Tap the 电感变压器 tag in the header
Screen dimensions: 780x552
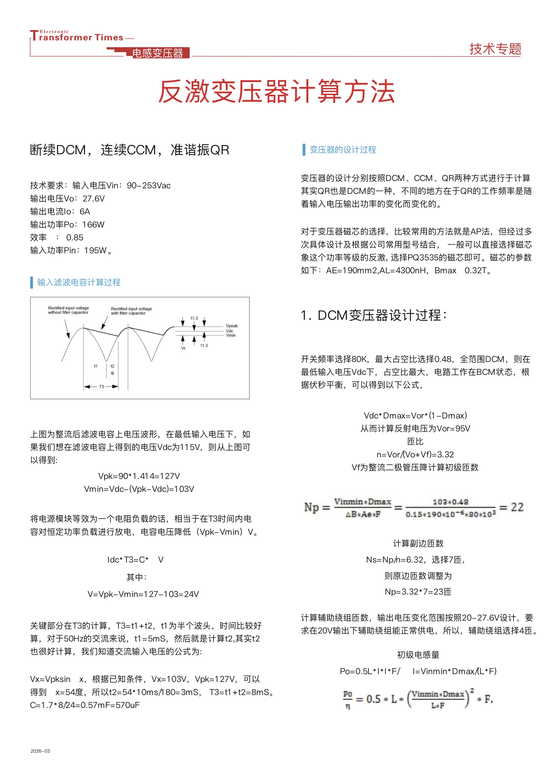click(157, 53)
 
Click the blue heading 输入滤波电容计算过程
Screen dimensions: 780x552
click(79, 282)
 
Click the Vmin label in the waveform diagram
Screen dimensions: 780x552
click(231, 335)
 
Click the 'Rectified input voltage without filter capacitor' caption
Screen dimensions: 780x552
click(68, 310)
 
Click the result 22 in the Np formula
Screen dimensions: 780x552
click(517, 507)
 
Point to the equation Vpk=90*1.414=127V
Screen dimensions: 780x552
click(139, 476)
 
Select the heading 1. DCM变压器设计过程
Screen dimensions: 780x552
click(374, 315)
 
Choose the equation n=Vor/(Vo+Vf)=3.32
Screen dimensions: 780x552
click(415, 454)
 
